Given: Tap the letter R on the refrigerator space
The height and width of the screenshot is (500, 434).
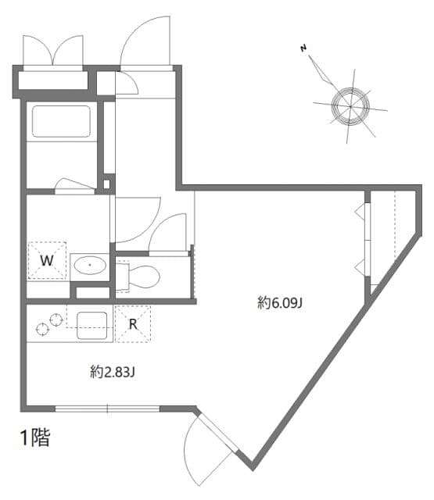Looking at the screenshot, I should click(x=133, y=323).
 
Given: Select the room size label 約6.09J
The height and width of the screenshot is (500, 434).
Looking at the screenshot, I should click(x=279, y=302).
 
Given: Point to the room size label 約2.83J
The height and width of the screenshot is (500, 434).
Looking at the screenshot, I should click(x=113, y=372).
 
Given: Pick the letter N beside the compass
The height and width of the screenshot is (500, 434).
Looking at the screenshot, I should click(x=303, y=49).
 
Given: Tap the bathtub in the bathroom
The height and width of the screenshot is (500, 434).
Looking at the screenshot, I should click(x=60, y=122).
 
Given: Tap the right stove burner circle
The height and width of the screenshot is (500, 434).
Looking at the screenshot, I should click(x=56, y=320).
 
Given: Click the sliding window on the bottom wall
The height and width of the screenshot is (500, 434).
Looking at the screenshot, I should click(x=107, y=408).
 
